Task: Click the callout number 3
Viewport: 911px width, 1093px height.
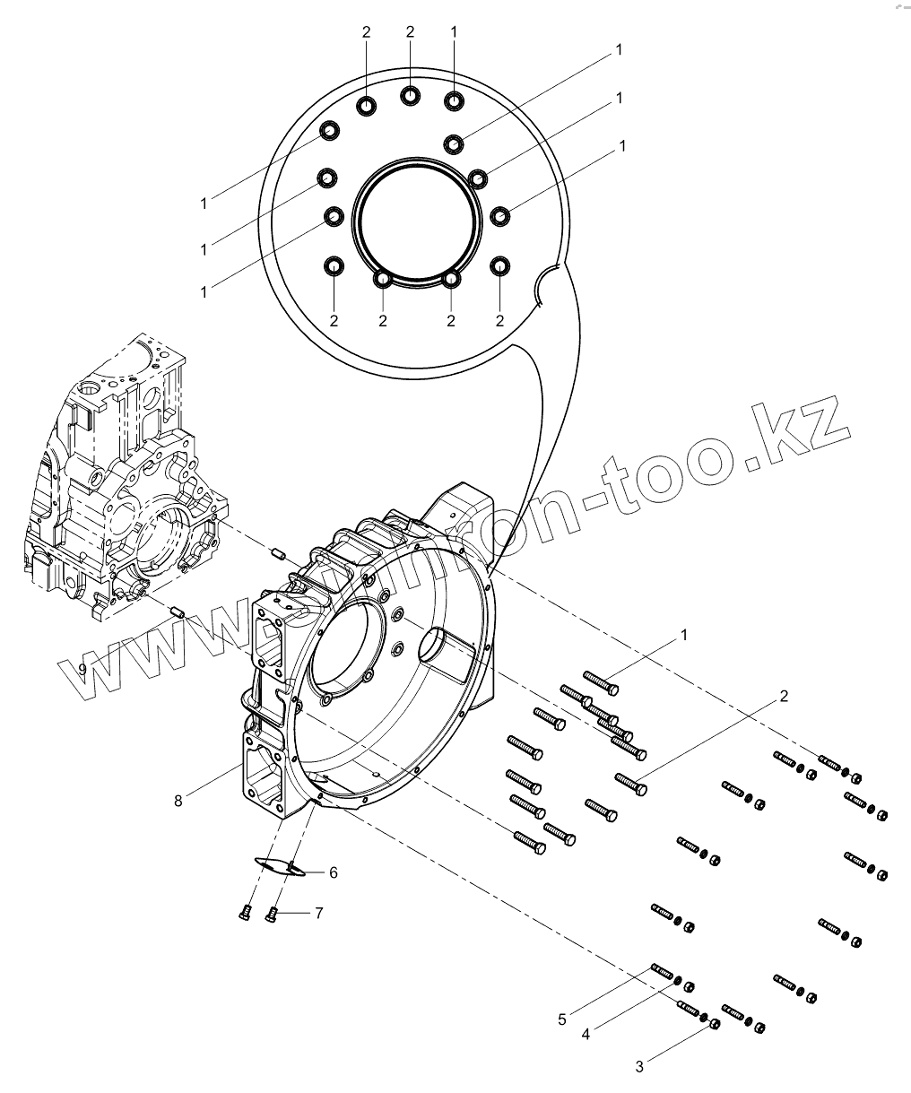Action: click(639, 1067)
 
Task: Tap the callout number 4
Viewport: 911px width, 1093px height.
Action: click(586, 1034)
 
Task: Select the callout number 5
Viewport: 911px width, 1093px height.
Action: click(562, 1019)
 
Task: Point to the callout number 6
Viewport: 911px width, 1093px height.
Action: click(333, 872)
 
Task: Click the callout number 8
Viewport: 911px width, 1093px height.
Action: click(178, 801)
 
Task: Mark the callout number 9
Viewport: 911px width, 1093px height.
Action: click(82, 669)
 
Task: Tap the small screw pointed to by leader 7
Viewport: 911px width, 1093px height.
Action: click(273, 914)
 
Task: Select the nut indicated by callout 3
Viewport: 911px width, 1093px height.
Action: click(714, 1023)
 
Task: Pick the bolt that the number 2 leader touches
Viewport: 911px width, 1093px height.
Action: click(631, 782)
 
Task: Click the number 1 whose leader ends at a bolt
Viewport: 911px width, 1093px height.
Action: click(684, 635)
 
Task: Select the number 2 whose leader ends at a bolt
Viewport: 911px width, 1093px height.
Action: click(783, 696)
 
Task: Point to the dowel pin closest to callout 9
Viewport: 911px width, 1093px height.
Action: click(178, 612)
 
